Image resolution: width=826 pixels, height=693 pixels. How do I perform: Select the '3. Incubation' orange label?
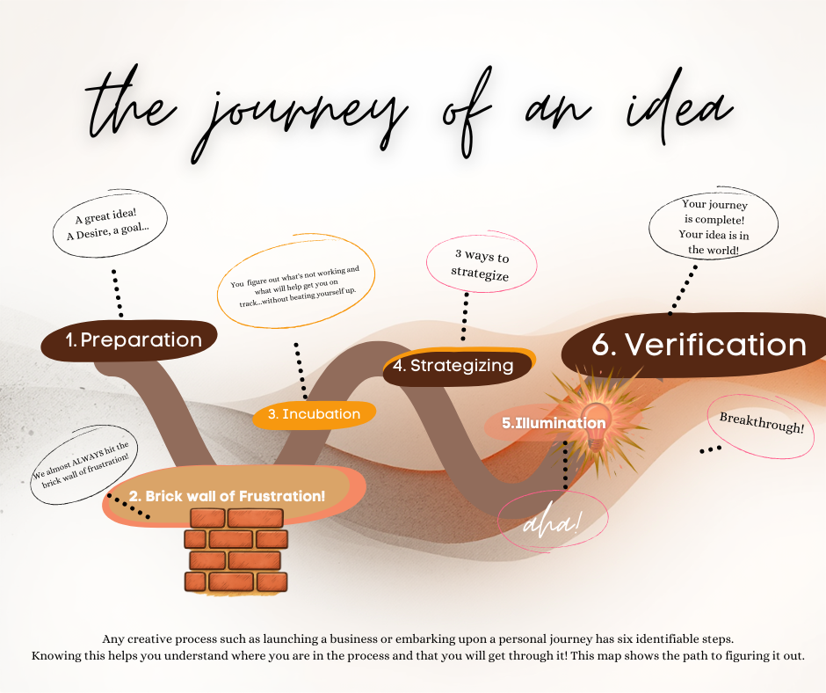(314, 414)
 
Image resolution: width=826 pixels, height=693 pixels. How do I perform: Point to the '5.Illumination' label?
(553, 424)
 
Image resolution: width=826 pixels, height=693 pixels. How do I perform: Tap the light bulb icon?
(598, 420)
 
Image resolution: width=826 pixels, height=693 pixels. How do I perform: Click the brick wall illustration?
(235, 550)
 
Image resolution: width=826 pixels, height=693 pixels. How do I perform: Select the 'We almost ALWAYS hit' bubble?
(82, 466)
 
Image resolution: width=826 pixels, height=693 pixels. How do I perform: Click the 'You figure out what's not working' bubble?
(297, 285)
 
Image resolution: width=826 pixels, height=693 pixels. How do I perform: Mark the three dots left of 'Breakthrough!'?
(710, 449)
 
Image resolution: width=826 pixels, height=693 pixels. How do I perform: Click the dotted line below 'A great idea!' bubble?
(116, 294)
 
